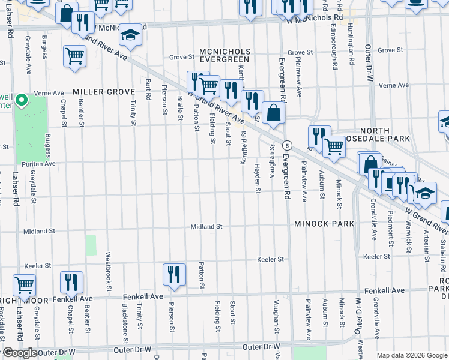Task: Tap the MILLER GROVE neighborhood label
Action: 104,92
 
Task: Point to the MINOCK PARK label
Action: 324,224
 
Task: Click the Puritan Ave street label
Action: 38,163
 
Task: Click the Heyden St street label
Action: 258,179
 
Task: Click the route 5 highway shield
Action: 288,145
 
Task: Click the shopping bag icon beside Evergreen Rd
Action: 273,113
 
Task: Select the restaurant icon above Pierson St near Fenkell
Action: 174,274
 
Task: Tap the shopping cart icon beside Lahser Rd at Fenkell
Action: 24,285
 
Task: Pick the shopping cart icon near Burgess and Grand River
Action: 74,56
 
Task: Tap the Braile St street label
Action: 180,108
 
